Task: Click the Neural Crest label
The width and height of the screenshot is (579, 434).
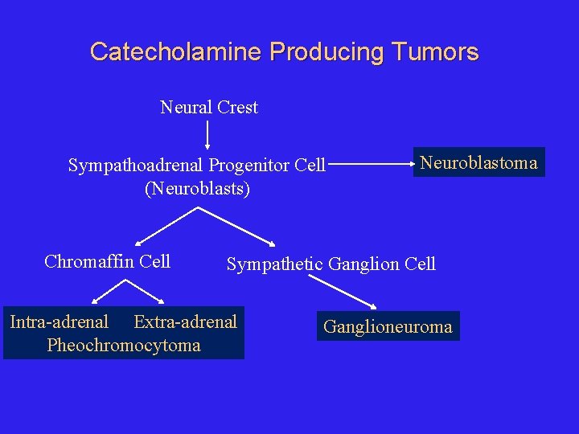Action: (x=209, y=107)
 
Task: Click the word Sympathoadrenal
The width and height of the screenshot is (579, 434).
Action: (x=136, y=166)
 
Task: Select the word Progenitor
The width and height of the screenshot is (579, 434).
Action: (x=249, y=166)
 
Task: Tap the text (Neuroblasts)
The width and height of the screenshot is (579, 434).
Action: (x=197, y=189)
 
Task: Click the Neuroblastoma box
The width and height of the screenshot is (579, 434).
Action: (x=478, y=162)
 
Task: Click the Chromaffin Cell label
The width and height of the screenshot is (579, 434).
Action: (x=107, y=261)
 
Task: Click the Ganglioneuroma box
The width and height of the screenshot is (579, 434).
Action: (x=388, y=326)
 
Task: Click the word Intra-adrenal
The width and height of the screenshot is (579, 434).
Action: (x=59, y=322)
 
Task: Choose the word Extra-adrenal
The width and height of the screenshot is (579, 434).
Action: (x=185, y=322)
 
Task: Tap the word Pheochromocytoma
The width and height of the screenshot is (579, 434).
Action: (x=124, y=346)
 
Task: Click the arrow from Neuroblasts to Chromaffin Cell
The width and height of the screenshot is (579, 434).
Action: (x=166, y=226)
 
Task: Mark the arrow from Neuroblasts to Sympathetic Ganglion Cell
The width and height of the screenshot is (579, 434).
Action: (x=237, y=226)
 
